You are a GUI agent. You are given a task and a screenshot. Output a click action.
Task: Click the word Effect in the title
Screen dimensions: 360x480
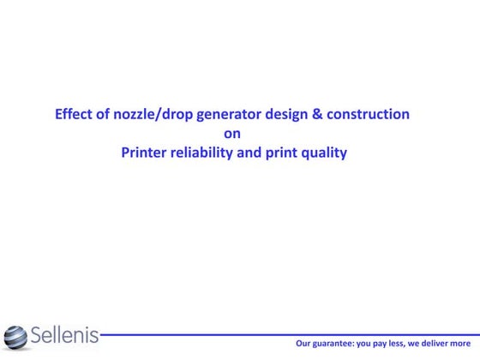(73, 114)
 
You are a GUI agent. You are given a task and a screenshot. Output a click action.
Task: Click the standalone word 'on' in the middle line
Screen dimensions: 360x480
(232, 134)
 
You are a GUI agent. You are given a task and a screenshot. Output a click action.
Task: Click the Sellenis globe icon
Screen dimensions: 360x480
(15, 336)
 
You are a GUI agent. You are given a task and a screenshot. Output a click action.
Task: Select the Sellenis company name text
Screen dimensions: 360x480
(64, 335)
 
